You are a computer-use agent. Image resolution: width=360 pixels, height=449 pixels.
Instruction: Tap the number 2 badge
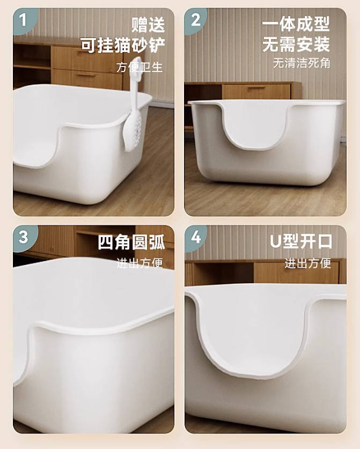[x=195, y=20]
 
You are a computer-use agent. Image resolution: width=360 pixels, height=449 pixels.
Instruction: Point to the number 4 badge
[x=196, y=237]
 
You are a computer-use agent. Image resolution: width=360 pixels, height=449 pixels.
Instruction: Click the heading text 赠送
[x=148, y=25]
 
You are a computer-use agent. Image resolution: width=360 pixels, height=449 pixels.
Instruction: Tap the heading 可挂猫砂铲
[x=123, y=45]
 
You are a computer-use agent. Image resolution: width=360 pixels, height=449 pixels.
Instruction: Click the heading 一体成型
[x=296, y=24]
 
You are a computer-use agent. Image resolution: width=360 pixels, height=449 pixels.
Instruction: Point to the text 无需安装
[x=296, y=45]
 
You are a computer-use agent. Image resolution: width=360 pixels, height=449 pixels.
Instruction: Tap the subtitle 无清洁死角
[x=301, y=63]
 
